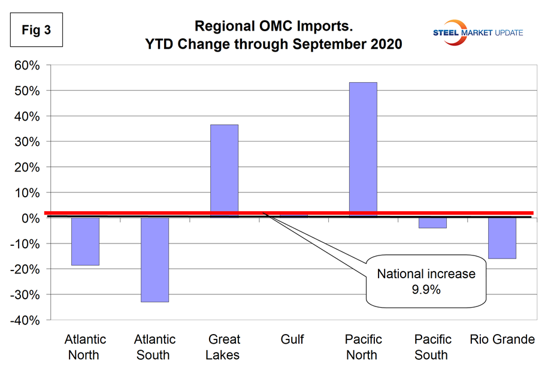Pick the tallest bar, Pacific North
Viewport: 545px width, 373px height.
coord(363,149)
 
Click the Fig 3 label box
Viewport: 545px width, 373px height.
coord(36,31)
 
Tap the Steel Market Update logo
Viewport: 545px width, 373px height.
coord(478,32)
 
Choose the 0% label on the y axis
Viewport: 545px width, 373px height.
coord(30,219)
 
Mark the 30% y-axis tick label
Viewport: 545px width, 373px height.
coord(26,142)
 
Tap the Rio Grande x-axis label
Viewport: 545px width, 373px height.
coord(502,340)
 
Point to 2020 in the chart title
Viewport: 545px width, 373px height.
coord(383,44)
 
